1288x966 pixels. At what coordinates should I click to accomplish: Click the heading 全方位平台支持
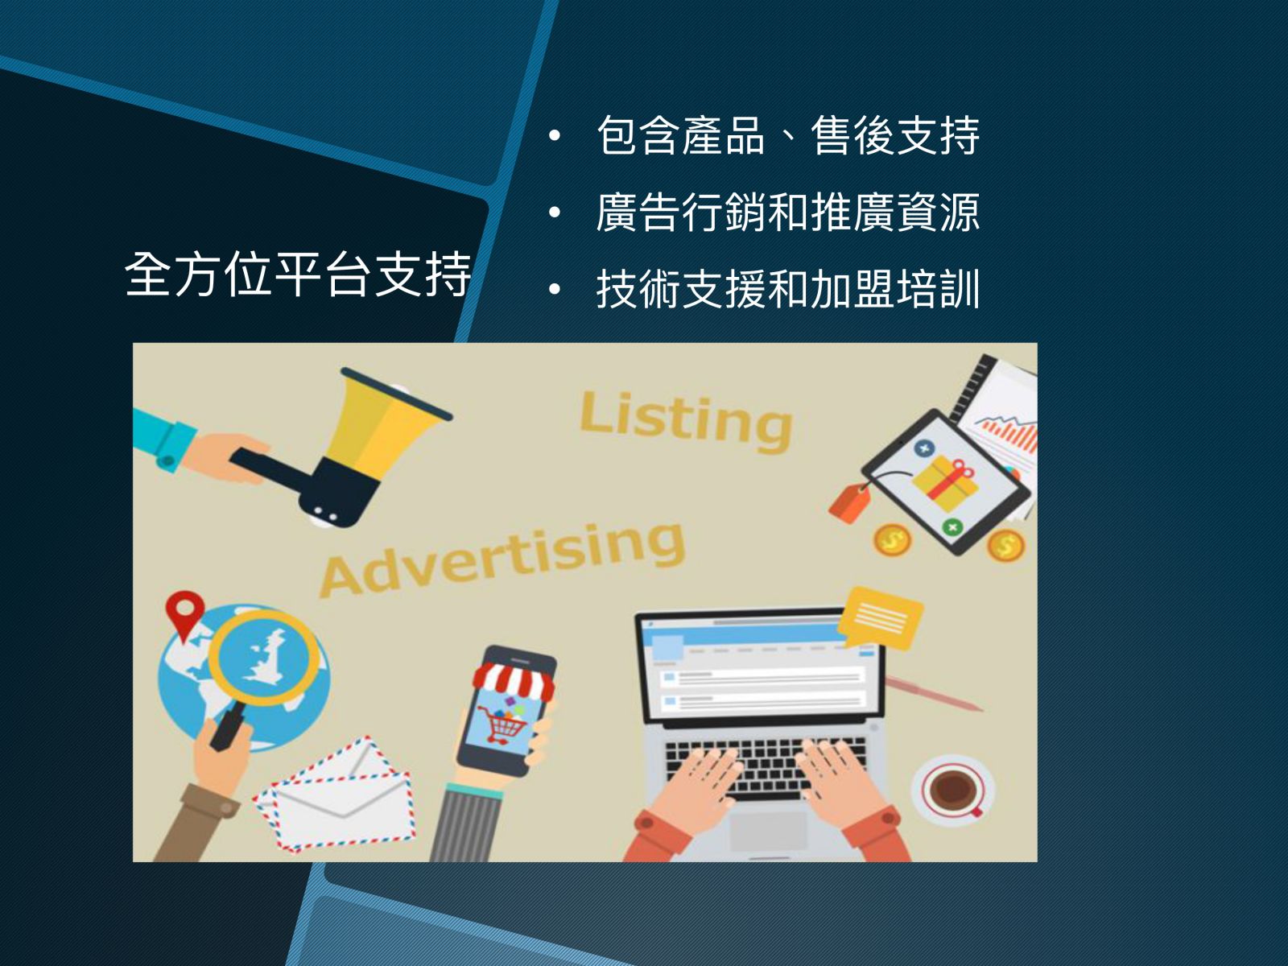pos(298,274)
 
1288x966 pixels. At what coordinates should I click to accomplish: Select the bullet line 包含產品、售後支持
pos(788,135)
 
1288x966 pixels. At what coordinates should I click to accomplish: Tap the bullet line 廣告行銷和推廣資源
pos(788,212)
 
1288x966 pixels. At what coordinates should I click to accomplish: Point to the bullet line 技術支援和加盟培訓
pos(788,288)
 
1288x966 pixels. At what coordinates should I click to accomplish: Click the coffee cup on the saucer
pos(953,787)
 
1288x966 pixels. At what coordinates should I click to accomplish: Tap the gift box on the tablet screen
pos(945,483)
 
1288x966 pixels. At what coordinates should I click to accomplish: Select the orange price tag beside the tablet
pos(850,502)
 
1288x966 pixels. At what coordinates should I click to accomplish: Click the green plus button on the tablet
pos(952,527)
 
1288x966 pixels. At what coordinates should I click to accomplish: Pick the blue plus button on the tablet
pos(925,449)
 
